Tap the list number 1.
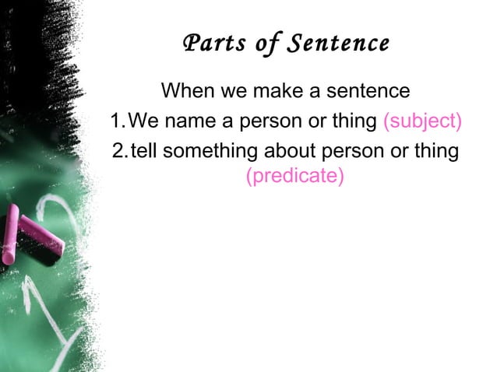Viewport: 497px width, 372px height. [116, 121]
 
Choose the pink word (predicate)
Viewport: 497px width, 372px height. [295, 177]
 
